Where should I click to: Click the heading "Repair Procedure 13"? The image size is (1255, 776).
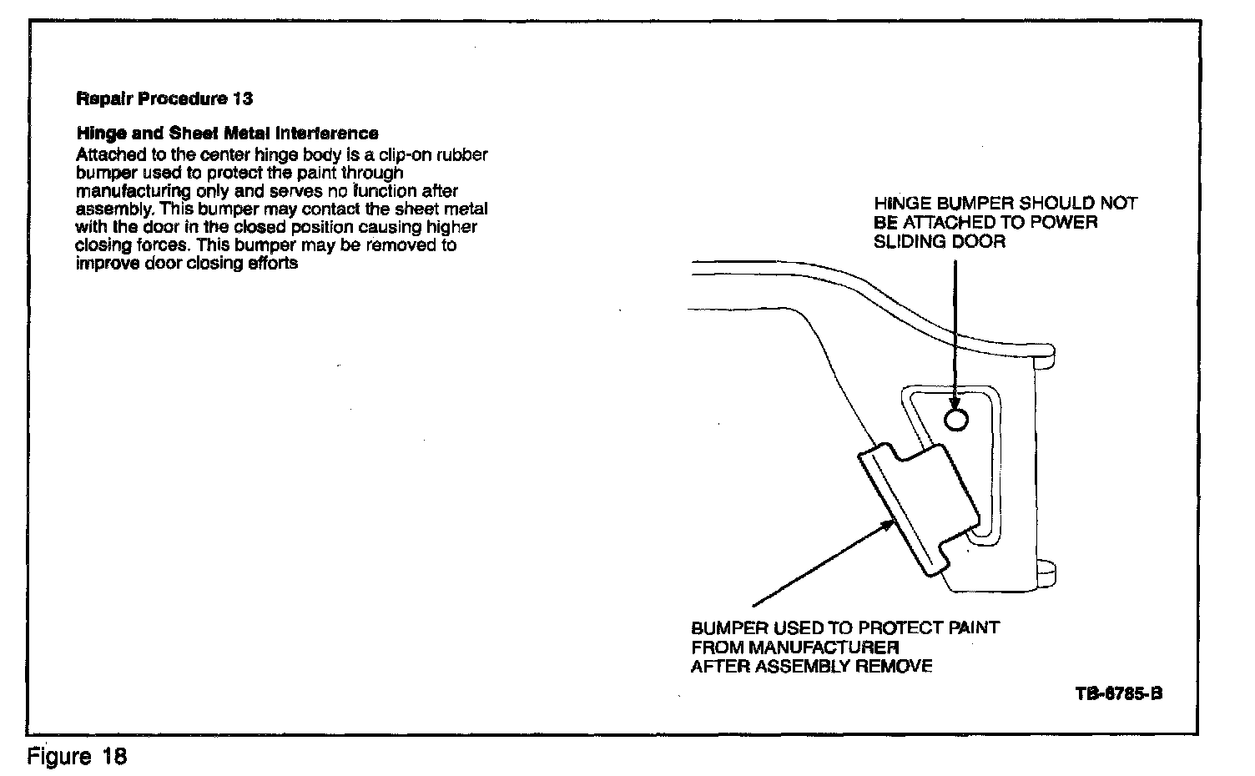(x=164, y=98)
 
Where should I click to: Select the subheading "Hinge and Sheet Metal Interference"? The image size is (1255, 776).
(x=227, y=134)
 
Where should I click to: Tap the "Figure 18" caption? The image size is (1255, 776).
(x=77, y=757)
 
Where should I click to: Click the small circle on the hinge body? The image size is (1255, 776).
(x=957, y=418)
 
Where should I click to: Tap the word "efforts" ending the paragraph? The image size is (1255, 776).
(x=272, y=264)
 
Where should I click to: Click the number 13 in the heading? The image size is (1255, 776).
(x=243, y=98)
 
